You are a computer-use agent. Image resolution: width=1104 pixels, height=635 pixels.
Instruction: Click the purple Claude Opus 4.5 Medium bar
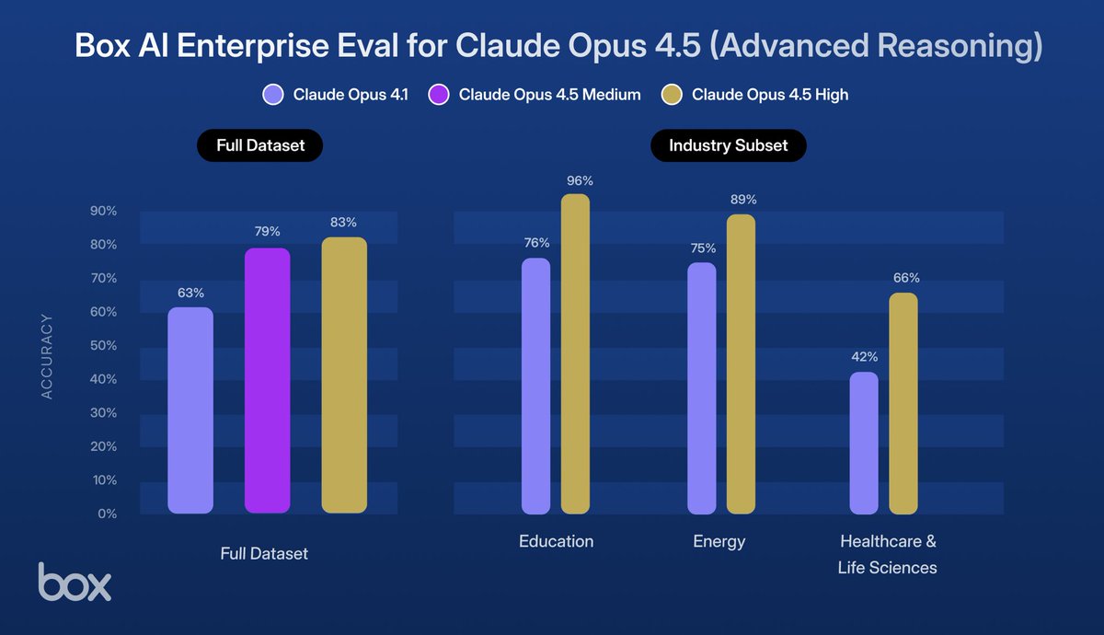[x=267, y=381]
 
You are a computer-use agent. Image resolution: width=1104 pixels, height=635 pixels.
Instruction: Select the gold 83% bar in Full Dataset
[x=344, y=375]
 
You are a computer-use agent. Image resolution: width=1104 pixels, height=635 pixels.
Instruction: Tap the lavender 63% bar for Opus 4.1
[x=190, y=410]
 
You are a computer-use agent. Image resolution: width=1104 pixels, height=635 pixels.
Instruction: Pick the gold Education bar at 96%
[x=575, y=354]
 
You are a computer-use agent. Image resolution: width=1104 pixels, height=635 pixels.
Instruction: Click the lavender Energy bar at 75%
[x=701, y=388]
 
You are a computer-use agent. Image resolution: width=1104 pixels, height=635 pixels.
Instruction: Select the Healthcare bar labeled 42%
[x=863, y=444]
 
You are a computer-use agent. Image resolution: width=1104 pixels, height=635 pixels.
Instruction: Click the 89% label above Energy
[x=742, y=200]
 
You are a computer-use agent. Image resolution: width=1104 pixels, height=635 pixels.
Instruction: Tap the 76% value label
[x=535, y=243]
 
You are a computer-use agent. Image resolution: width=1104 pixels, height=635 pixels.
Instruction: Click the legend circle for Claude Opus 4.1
[x=272, y=94]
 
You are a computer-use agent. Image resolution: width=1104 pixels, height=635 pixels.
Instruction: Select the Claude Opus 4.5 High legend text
[x=770, y=94]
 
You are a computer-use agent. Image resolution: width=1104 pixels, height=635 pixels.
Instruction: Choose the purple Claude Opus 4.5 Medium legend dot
[x=438, y=94]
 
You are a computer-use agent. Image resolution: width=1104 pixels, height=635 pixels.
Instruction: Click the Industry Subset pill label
[x=728, y=145]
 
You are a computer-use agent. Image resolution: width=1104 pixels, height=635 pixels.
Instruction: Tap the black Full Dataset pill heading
[x=260, y=145]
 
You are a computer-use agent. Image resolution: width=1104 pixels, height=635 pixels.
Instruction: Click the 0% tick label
[x=108, y=514]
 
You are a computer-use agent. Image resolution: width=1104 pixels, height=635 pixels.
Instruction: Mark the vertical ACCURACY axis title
[x=47, y=356]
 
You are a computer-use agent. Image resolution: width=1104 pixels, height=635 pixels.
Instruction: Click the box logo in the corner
[x=75, y=582]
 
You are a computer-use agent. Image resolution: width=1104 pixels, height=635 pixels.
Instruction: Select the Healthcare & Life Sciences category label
[x=887, y=554]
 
